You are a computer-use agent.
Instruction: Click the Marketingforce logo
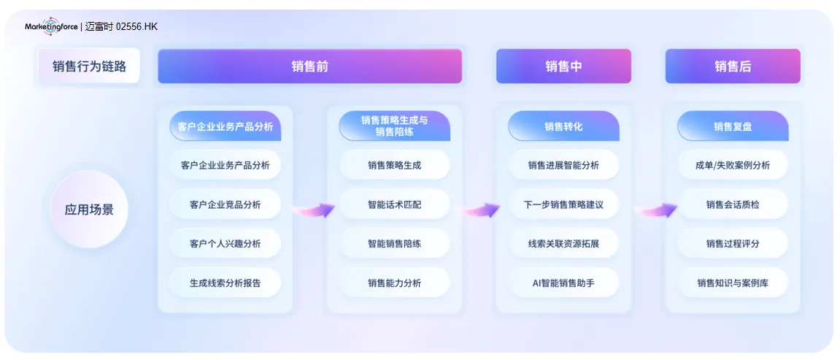pos(52,26)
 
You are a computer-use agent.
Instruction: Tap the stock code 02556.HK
pos(136,26)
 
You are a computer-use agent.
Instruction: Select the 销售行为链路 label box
pos(89,66)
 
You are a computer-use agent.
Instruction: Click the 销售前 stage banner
pos(309,66)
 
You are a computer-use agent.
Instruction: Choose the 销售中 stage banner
pos(563,66)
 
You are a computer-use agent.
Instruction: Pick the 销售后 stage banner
pos(733,66)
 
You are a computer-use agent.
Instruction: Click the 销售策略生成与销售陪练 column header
pos(394,126)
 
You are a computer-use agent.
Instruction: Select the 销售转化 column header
pos(563,126)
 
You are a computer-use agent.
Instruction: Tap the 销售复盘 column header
pos(733,126)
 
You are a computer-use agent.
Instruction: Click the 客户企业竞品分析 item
pos(225,204)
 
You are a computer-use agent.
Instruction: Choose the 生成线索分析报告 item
pos(225,283)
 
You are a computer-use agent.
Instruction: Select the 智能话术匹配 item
pos(394,204)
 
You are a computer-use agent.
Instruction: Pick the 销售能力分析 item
pos(394,283)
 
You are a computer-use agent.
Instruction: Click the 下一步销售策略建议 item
pos(563,204)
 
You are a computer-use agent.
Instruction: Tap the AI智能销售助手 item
pos(563,283)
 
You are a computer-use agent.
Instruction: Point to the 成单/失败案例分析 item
pos(733,165)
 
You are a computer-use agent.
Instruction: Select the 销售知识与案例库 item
pos(733,283)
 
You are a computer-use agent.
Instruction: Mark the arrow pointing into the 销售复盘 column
pos(657,210)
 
